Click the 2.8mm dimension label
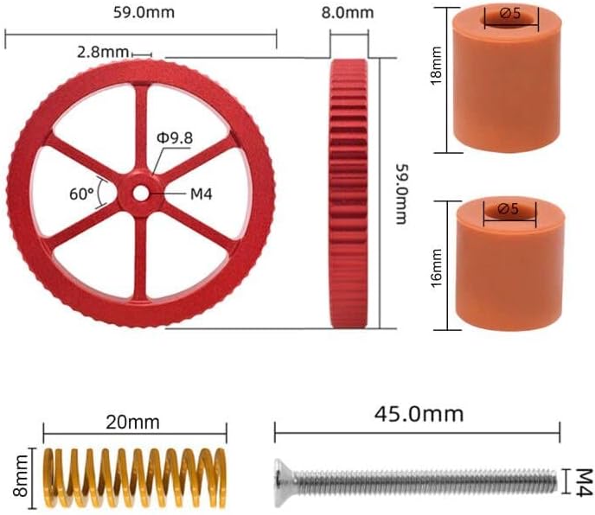102,52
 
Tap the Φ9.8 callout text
175,138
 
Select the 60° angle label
81,194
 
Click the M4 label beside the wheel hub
202,194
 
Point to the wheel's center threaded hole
141,194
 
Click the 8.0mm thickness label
348,13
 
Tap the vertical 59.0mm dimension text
401,194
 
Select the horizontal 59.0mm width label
144,12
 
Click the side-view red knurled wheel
349,194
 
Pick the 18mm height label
437,65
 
